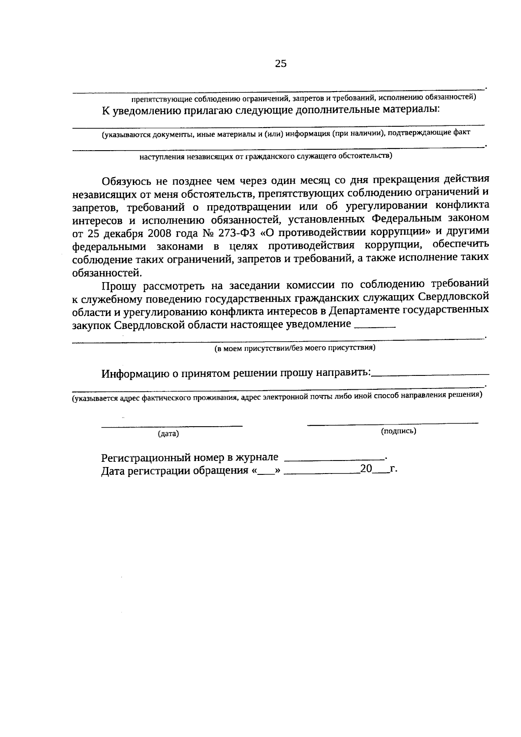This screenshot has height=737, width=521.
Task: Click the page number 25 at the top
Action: [x=281, y=64]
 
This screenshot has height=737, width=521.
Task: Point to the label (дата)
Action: [x=168, y=434]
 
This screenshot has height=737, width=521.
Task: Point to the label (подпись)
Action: [x=399, y=431]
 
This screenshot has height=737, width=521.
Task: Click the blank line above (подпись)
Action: [x=392, y=422]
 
